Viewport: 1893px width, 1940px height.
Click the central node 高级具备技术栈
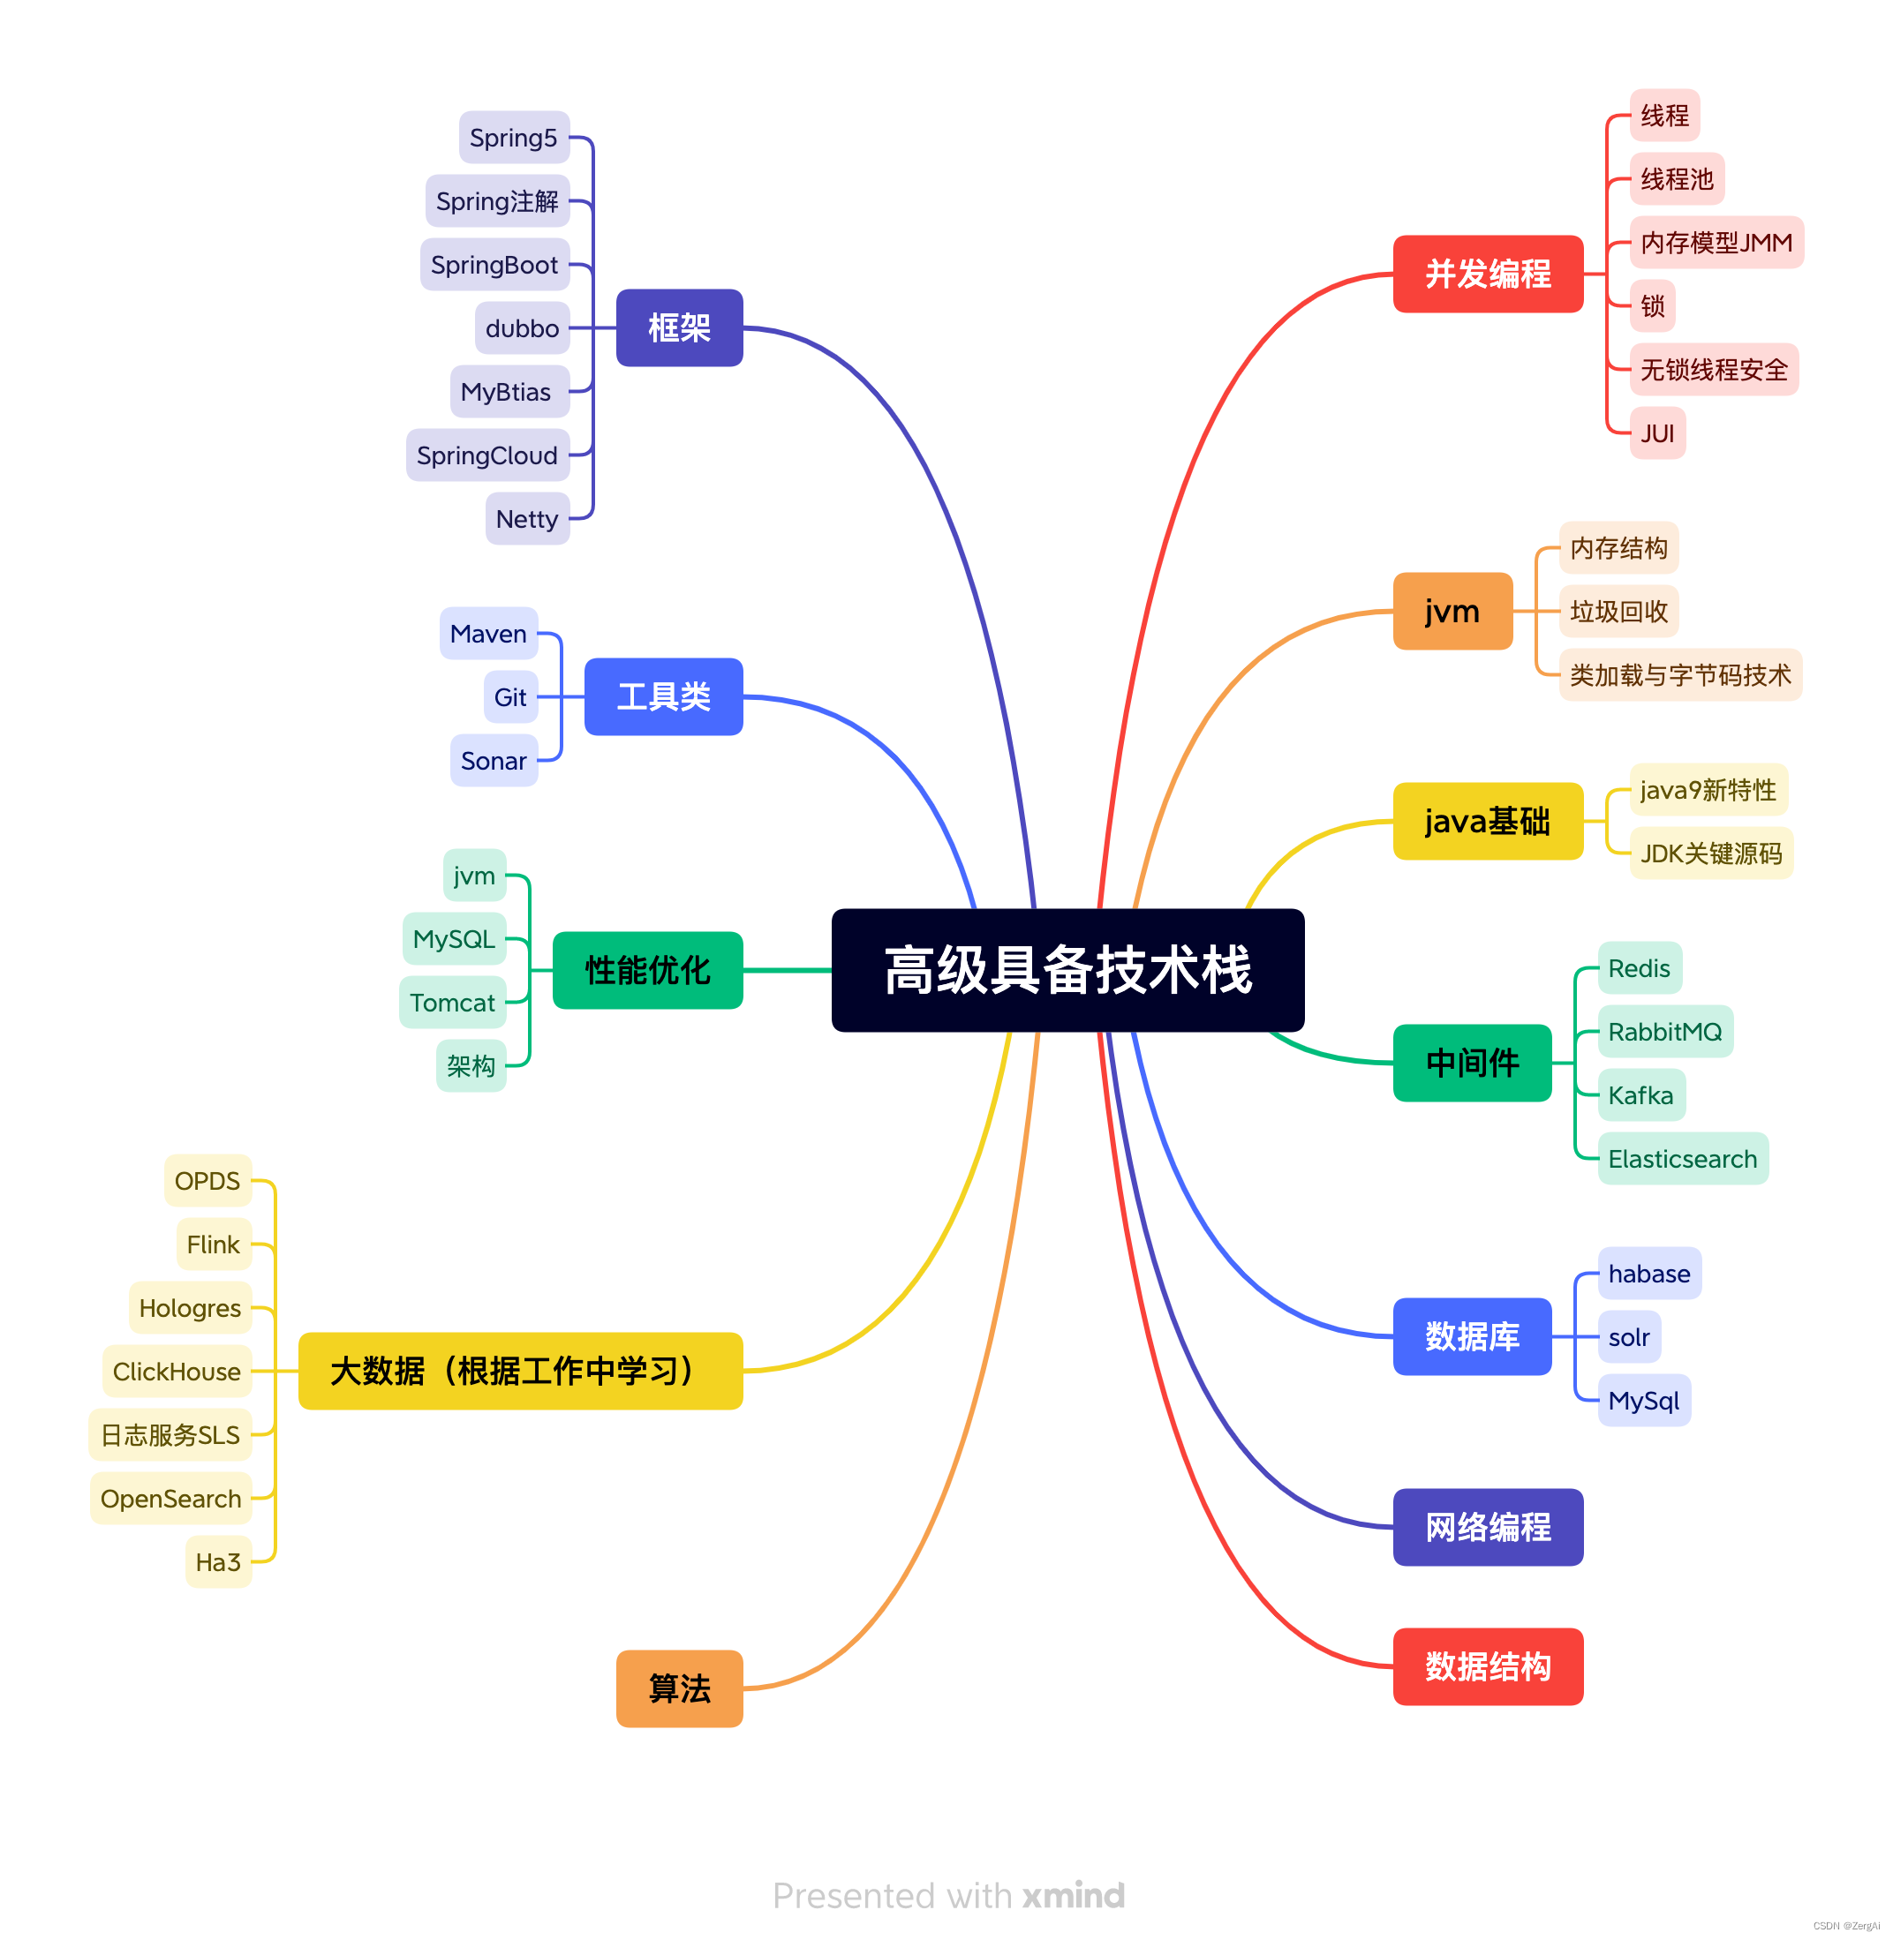tap(1067, 970)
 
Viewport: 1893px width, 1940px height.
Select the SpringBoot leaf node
tap(494, 265)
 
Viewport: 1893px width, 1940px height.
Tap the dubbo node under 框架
tap(522, 328)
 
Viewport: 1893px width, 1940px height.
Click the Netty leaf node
tap(527, 519)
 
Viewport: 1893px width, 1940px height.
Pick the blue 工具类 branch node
tap(663, 696)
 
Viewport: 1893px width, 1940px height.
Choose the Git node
tap(510, 697)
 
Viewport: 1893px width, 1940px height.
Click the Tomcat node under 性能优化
tap(452, 1003)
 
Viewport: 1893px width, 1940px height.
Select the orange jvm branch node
tap(1452, 612)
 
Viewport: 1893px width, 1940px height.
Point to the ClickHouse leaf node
tap(177, 1372)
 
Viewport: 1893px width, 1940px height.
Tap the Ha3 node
tap(218, 1562)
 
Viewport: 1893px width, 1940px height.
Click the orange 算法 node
tap(679, 1688)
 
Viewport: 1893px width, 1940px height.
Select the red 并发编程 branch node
tap(1488, 274)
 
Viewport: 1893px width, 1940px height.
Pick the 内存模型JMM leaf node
tap(1716, 243)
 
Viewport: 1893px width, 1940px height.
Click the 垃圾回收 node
tap(1618, 612)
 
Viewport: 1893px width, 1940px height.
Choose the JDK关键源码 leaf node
tap(1711, 853)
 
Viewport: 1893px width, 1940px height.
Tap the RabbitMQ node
tap(1664, 1032)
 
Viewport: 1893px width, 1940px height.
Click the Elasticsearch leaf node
tap(1682, 1159)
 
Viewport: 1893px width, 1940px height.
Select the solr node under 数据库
tap(1628, 1338)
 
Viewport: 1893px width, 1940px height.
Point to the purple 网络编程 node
tap(1488, 1528)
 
